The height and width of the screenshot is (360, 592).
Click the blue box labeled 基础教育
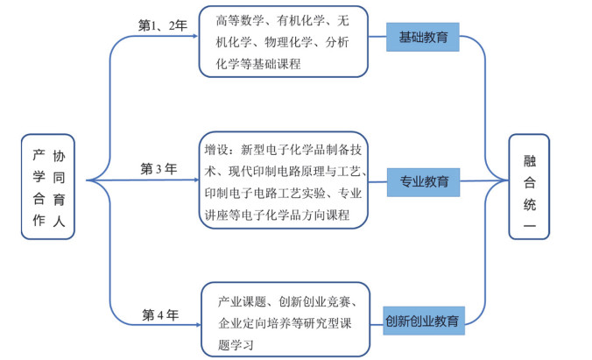(422, 37)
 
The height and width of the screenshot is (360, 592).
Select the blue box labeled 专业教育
(423, 182)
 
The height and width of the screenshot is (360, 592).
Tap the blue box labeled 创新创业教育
(424, 321)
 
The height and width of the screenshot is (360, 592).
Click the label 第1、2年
(163, 25)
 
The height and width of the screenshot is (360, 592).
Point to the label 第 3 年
(159, 168)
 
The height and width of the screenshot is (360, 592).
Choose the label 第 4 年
(160, 314)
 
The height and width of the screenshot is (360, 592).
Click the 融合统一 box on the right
(529, 187)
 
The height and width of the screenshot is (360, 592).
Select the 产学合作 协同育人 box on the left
(48, 187)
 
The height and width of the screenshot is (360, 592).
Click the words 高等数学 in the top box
(240, 20)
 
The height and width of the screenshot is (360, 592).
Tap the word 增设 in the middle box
(216, 150)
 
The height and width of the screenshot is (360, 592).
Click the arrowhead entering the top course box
(195, 36)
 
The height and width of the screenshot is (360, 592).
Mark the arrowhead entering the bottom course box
(198, 325)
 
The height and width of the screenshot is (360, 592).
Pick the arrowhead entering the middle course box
(196, 180)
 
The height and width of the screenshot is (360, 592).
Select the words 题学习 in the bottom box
(236, 344)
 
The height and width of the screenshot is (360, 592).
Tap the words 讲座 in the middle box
(216, 215)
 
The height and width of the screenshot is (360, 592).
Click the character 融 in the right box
(530, 161)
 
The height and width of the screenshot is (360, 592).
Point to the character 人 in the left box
(59, 221)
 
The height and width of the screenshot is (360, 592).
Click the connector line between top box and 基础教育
(377, 37)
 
